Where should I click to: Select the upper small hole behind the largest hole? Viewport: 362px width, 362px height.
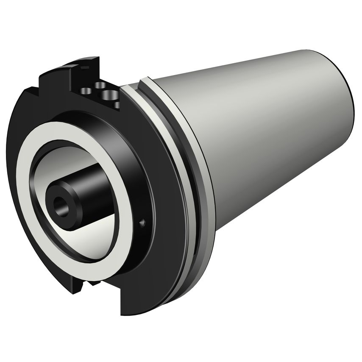[101, 85]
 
